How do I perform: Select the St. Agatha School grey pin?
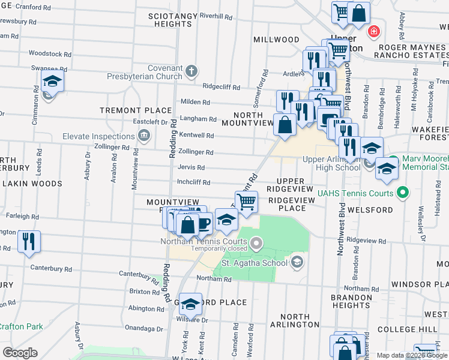297,262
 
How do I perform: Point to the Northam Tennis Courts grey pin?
257,243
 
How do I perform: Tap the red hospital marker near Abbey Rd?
374,31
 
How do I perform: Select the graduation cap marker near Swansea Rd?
52,82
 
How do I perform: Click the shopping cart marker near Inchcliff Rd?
246,202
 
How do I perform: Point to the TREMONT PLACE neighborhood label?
136,110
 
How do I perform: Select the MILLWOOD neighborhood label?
276,40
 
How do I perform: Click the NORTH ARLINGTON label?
295,320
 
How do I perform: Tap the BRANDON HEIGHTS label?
352,301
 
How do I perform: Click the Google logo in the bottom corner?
20,352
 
